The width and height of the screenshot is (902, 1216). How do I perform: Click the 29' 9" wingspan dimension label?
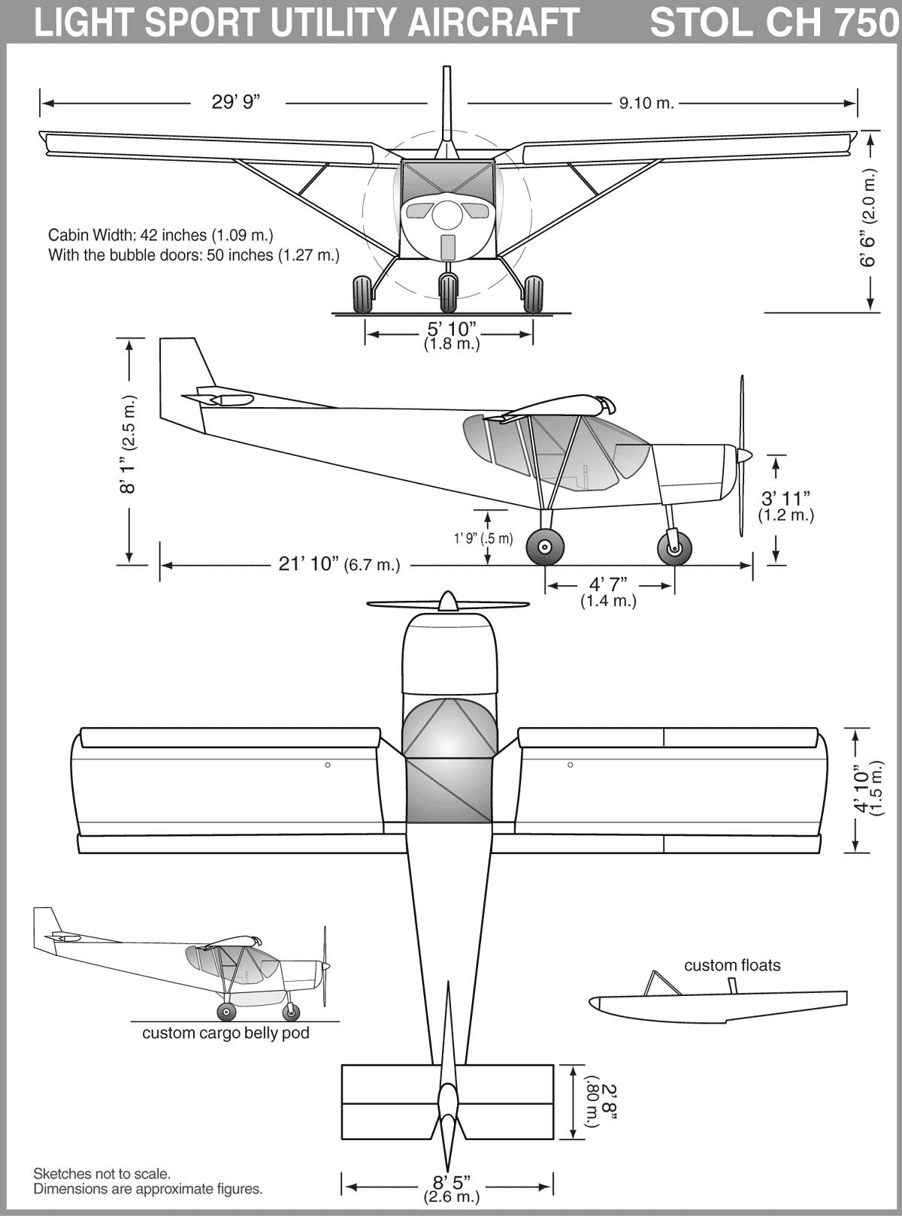[235, 102]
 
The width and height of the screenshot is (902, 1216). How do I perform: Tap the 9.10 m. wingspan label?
[647, 103]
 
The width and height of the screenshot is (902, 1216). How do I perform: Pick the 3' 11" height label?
[785, 498]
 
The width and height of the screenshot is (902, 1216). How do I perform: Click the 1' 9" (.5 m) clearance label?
[483, 539]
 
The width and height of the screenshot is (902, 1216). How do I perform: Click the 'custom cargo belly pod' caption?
[225, 1033]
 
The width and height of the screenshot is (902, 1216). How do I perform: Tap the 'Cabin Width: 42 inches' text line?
[127, 234]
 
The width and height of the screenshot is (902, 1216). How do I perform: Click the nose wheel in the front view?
[448, 294]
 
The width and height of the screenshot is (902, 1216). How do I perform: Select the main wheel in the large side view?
[545, 547]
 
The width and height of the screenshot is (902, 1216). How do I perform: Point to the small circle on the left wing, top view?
[328, 765]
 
